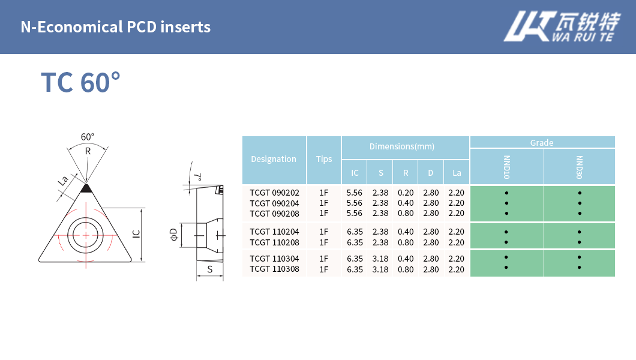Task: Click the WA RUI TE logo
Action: (x=562, y=26)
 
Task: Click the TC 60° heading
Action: (x=81, y=83)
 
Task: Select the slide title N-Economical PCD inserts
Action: (x=116, y=27)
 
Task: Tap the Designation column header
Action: (x=274, y=160)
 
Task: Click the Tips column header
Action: (x=323, y=160)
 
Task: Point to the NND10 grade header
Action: (x=506, y=167)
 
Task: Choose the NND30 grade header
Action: (x=580, y=167)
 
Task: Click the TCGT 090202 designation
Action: (x=274, y=193)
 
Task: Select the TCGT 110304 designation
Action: (x=274, y=259)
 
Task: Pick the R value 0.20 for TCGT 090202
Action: (x=406, y=193)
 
